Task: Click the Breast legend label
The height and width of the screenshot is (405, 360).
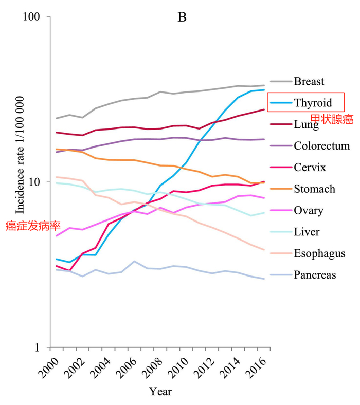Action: [309, 81]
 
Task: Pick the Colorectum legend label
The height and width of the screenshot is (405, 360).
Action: [321, 146]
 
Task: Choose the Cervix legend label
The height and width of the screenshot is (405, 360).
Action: [310, 168]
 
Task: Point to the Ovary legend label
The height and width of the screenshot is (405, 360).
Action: [309, 211]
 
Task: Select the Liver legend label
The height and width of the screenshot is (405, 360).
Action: [307, 232]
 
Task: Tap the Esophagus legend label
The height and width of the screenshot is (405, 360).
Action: [319, 254]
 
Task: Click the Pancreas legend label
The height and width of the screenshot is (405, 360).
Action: [315, 275]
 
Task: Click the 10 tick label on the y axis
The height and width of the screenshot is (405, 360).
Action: [37, 182]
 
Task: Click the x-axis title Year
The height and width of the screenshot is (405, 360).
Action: [160, 392]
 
